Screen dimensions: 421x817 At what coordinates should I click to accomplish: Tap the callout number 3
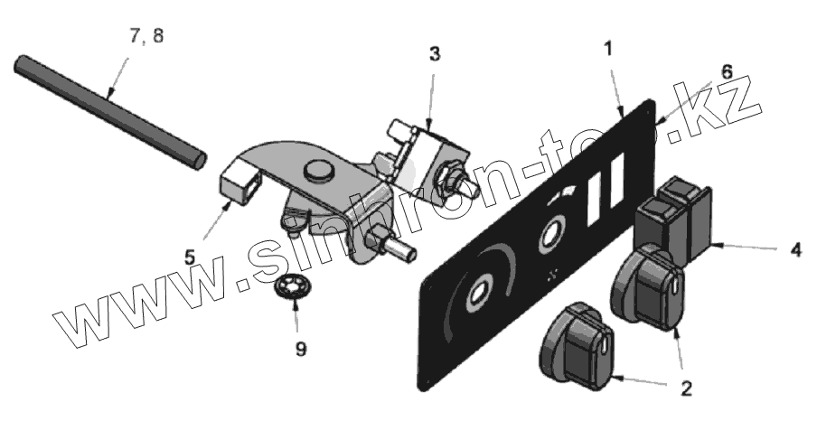pyautogui.click(x=435, y=54)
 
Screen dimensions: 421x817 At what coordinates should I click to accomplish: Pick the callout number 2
pyautogui.click(x=686, y=389)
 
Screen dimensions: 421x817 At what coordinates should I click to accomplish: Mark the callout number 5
pyautogui.click(x=190, y=257)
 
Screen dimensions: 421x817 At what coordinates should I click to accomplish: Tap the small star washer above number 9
pyautogui.click(x=293, y=291)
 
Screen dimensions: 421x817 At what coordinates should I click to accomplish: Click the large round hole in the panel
pyautogui.click(x=478, y=293)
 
